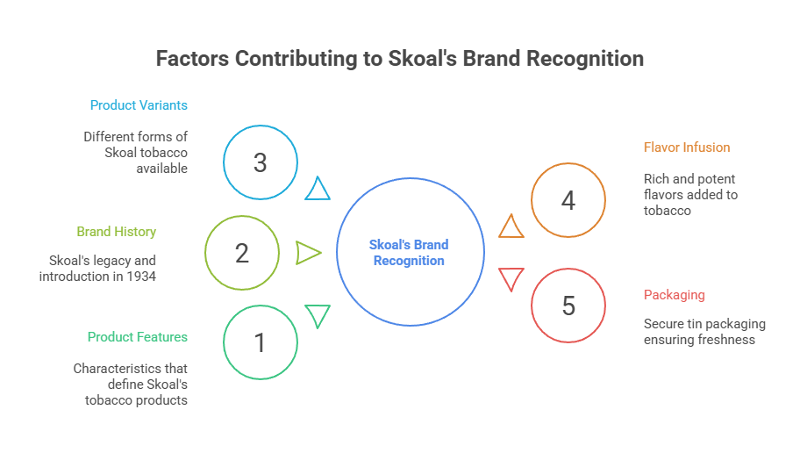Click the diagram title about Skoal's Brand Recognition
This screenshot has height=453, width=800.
pos(400,59)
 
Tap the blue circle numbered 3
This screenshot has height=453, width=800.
pos(261,162)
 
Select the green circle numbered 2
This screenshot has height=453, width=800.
pos(243,253)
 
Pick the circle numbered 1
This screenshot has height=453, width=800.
pos(261,342)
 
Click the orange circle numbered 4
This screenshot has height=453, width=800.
pos(568,200)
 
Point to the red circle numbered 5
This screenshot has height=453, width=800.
pos(568,306)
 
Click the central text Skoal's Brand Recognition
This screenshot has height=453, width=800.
pos(410,253)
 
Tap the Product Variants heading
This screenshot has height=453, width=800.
pos(139,105)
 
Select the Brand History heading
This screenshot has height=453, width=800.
pos(116,232)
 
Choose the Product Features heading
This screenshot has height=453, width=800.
pos(137,337)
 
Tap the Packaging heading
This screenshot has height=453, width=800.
pos(674,295)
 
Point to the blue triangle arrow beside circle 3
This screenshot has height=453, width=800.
pos(318,189)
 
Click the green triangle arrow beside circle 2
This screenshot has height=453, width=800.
pos(308,253)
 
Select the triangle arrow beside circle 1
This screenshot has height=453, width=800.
pos(318,314)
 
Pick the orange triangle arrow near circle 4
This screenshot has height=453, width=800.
pos(511,227)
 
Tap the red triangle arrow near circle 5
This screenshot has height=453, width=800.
pos(511,279)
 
